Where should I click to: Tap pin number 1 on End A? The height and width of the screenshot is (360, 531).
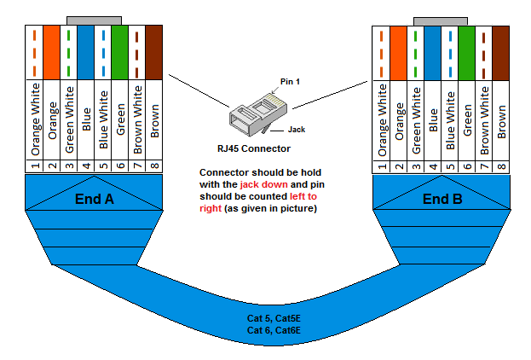tap(35, 167)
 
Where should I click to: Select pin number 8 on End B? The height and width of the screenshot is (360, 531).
tap(501, 167)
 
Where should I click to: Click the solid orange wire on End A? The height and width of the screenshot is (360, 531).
tap(52, 51)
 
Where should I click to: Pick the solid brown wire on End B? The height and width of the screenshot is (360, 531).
tap(501, 51)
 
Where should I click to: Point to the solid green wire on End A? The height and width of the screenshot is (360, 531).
tap(119, 51)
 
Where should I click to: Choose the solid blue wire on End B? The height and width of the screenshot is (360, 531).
tap(432, 51)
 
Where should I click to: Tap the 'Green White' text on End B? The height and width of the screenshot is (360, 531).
tap(416, 119)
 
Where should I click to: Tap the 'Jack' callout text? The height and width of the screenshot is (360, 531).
tap(296, 130)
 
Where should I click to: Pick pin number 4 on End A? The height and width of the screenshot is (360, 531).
tap(85, 167)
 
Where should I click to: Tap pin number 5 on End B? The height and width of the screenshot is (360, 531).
tap(449, 167)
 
